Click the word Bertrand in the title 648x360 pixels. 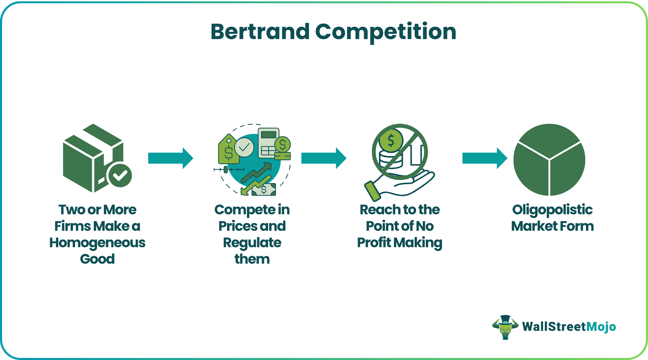pyautogui.click(x=260, y=32)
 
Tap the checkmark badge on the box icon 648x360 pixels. pyautogui.click(x=120, y=175)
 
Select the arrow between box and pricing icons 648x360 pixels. pyautogui.click(x=170, y=158)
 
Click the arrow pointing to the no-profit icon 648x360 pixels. pyautogui.click(x=324, y=158)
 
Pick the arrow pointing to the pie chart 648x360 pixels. pyautogui.click(x=484, y=158)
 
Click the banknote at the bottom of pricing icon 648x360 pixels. pyautogui.click(x=264, y=189)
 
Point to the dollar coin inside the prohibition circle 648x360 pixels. pyautogui.click(x=391, y=141)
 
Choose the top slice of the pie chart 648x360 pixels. pyautogui.click(x=549, y=139)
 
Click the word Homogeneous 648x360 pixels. pyautogui.click(x=97, y=243)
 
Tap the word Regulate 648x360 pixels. pyautogui.click(x=252, y=243)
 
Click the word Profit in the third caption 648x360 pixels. pyautogui.click(x=374, y=243)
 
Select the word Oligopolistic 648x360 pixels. pyautogui.click(x=552, y=210)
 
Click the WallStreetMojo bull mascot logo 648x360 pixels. pyautogui.click(x=505, y=327)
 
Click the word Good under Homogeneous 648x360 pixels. pyautogui.click(x=97, y=259)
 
